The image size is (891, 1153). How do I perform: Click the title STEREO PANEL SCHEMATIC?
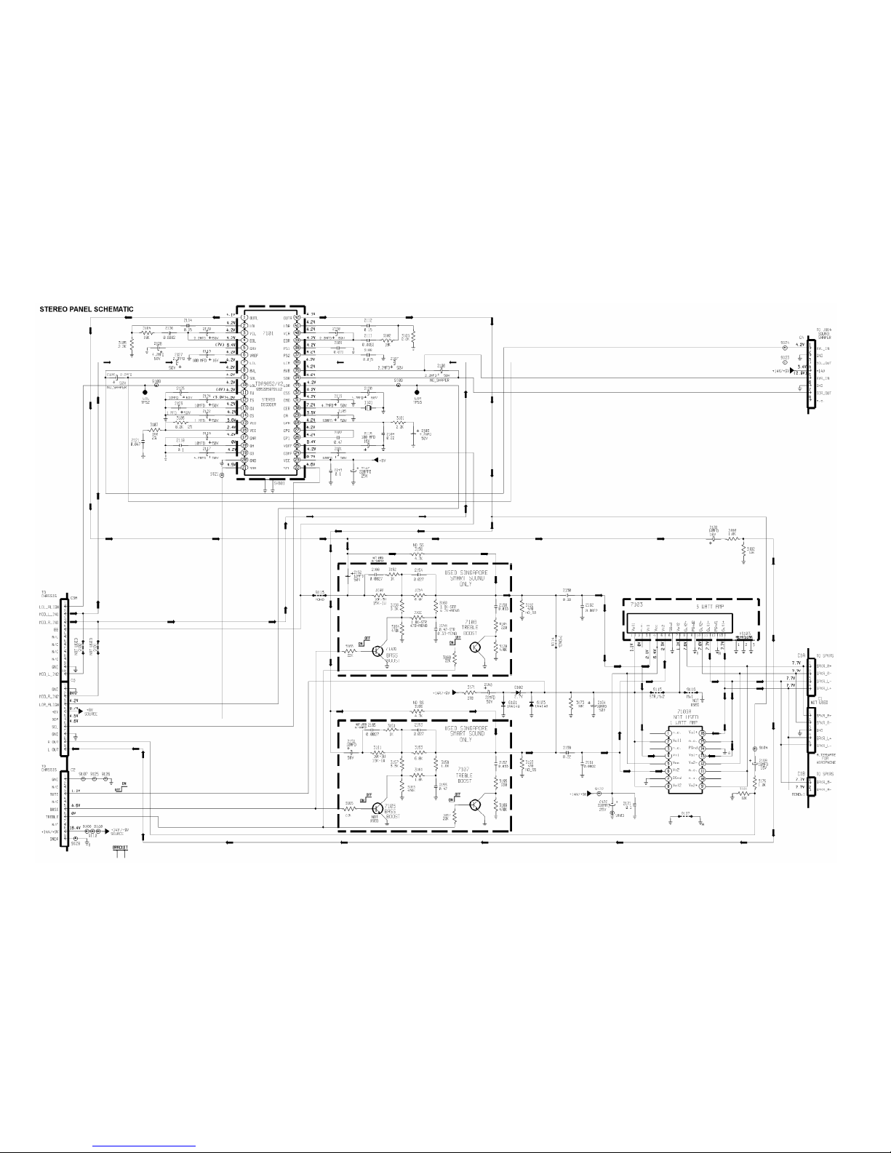[86, 309]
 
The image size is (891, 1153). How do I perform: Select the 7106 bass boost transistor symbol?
[377, 651]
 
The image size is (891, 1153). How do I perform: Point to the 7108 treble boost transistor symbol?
[476, 647]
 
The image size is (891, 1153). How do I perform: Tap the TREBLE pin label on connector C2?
[54, 816]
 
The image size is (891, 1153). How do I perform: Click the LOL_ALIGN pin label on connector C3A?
[49, 606]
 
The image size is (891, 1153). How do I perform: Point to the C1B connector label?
[800, 773]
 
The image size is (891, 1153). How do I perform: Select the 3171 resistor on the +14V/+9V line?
[471, 693]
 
